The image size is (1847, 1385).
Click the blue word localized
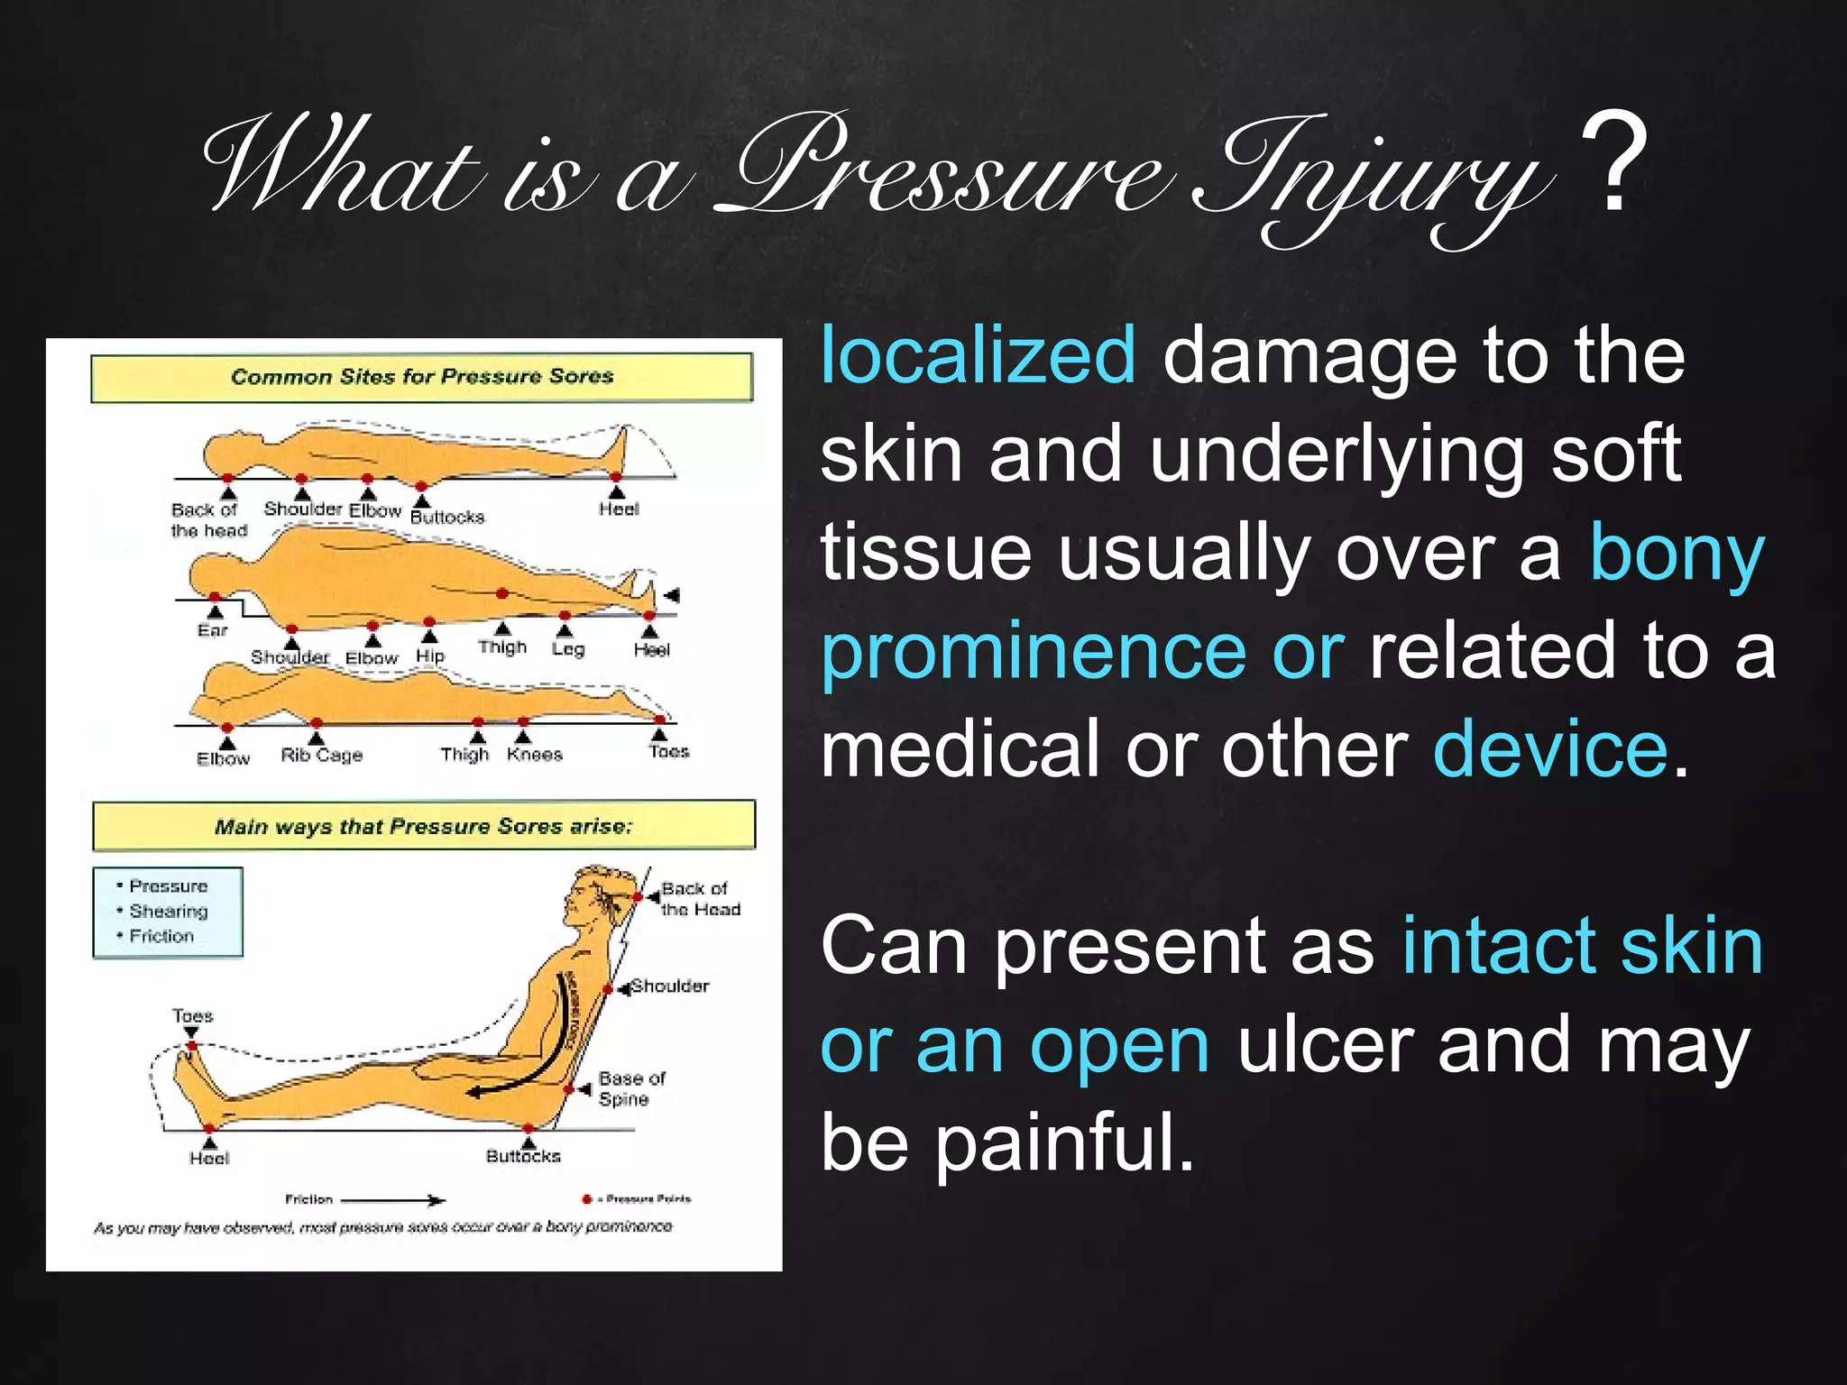978,357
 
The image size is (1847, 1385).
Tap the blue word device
1550,749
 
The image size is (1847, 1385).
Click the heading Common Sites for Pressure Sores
421,377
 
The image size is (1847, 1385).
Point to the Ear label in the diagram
213,630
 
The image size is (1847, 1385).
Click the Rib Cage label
321,755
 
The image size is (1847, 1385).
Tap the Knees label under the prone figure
534,754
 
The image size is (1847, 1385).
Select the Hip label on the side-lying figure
430,656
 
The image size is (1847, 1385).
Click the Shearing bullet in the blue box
168,911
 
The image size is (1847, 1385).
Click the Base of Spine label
630,1088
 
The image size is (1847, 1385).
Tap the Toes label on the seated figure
192,1016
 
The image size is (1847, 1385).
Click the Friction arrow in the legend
392,1200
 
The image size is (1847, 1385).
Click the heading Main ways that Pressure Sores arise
423,827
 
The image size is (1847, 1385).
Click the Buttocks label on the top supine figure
447,518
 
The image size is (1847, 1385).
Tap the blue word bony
1676,553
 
